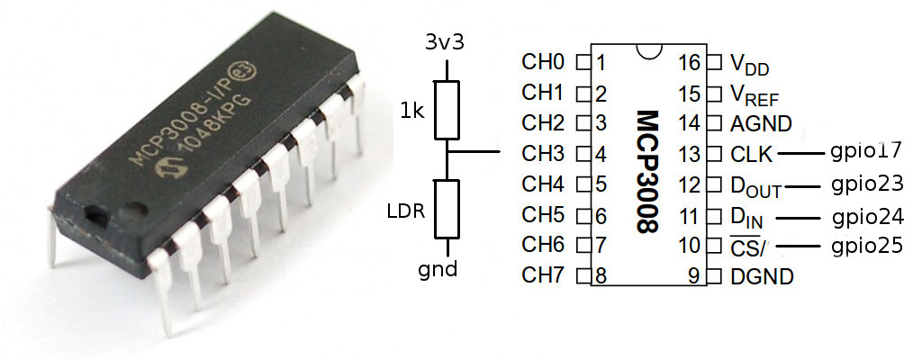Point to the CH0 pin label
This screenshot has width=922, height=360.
point(542,63)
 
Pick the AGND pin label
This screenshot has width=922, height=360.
point(755,124)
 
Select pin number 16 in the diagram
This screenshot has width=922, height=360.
point(690,63)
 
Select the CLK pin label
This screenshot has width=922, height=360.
point(752,155)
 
